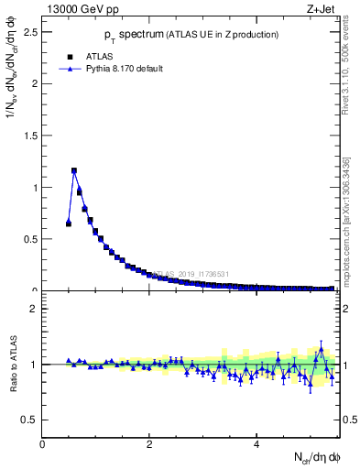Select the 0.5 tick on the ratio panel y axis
31,420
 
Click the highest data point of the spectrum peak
74,170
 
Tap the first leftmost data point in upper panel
69,224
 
